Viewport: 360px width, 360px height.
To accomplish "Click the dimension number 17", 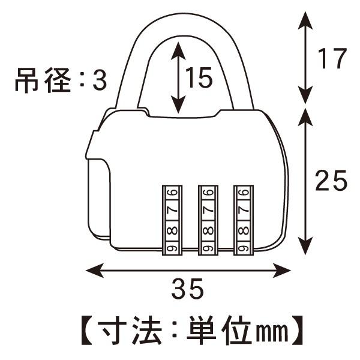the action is pyautogui.click(x=332, y=59).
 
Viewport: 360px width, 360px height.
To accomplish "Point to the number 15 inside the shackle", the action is pyautogui.click(x=198, y=78).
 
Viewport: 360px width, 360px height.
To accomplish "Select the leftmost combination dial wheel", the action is pyautogui.click(x=172, y=220).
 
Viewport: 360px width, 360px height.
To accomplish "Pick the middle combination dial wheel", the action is pyautogui.click(x=208, y=220).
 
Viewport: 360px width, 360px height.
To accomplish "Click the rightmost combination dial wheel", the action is pyautogui.click(x=242, y=220).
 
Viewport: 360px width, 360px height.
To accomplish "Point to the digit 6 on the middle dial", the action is pyautogui.click(x=208, y=193).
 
